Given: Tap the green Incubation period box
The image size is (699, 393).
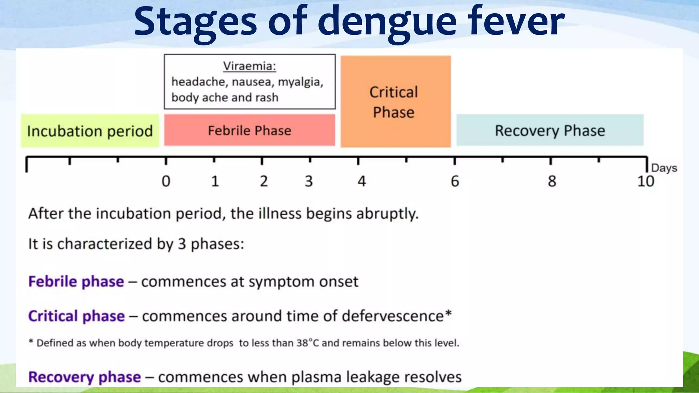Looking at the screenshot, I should coord(90,131).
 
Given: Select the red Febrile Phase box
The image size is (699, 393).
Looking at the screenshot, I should coord(249,130).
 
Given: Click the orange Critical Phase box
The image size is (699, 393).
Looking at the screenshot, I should coord(395,102).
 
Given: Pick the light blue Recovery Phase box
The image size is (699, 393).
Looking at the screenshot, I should coord(550,130).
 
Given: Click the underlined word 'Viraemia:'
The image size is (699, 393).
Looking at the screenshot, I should coord(249,66).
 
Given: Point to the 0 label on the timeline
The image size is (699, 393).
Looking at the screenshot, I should coord(166,181).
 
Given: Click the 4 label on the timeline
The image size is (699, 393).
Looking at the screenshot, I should coord(361,181).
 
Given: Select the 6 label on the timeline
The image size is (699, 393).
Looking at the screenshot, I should coord(455,181).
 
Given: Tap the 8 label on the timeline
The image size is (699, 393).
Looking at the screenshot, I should coord(552,181).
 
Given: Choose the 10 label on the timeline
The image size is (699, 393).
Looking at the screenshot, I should coord(645,181).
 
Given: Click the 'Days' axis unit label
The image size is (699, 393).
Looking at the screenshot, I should coord(664,168).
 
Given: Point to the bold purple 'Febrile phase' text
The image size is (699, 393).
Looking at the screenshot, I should coord(76,282).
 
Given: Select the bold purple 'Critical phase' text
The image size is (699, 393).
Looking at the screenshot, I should coord(76,316).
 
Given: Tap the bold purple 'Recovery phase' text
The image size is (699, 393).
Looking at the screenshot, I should coord(84,377).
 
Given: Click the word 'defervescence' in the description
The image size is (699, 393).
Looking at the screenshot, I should coord(393,316).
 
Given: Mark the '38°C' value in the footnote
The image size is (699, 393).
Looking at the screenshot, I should coord(307,343).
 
